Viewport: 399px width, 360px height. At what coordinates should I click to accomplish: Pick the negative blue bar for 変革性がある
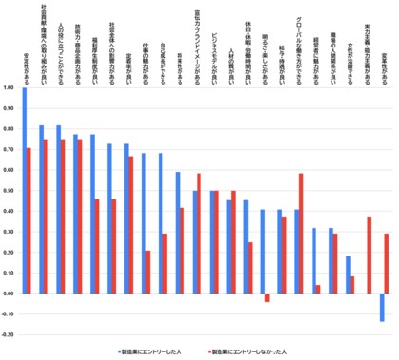[382, 308]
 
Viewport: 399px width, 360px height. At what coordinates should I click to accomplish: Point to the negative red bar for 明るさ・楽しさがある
[267, 298]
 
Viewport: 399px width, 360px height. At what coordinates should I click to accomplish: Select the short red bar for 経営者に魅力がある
[318, 290]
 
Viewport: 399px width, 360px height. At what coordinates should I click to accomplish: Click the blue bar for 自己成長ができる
[161, 224]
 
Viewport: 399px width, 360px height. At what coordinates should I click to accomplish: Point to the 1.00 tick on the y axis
[9, 89]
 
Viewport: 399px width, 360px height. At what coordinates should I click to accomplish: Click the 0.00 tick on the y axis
[9, 294]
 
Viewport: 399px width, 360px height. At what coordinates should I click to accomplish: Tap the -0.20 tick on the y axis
[9, 334]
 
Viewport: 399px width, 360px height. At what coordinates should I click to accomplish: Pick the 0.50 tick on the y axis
[9, 191]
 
